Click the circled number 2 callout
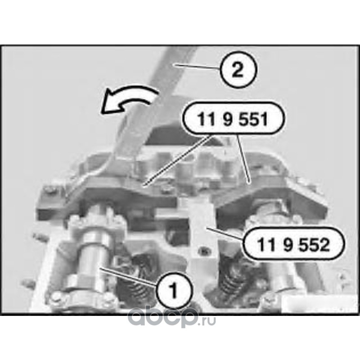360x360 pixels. [x=238, y=69]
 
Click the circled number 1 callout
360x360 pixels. [x=174, y=290]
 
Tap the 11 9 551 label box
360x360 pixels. [x=233, y=118]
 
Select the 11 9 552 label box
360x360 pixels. [x=293, y=243]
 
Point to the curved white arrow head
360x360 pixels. [x=109, y=103]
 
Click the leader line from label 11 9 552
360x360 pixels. [x=224, y=234]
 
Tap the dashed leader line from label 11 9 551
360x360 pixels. [x=177, y=160]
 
